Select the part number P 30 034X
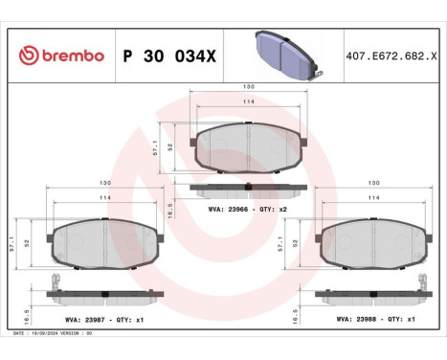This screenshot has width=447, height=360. click(x=169, y=56)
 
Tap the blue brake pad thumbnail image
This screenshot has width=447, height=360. click(x=286, y=51)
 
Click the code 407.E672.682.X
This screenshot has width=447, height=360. click(x=391, y=56)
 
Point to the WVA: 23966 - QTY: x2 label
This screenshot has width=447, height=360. click(x=248, y=208)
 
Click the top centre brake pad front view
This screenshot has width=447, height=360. click(x=248, y=146)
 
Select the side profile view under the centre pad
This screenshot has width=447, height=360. click(x=248, y=187)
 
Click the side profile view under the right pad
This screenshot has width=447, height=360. click(x=369, y=293)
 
